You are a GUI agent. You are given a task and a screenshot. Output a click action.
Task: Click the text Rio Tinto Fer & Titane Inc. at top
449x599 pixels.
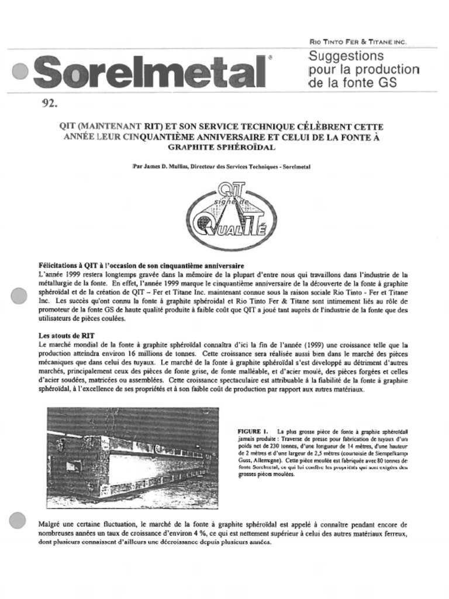[x=357, y=42]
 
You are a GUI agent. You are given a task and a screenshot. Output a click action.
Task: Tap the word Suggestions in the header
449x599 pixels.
[x=346, y=57]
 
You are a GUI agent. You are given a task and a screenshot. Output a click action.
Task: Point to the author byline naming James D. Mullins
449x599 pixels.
[x=222, y=167]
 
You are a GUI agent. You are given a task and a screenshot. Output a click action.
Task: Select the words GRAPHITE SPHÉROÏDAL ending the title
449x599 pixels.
[x=222, y=147]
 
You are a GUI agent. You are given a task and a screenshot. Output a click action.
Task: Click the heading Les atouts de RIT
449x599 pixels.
[x=66, y=336]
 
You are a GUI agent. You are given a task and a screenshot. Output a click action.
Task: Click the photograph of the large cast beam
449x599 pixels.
[x=133, y=457]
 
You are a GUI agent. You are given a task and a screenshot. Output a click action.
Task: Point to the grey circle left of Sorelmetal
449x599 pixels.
[x=19, y=71]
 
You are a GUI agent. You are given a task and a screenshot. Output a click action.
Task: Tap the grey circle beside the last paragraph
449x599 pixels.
[x=18, y=520]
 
